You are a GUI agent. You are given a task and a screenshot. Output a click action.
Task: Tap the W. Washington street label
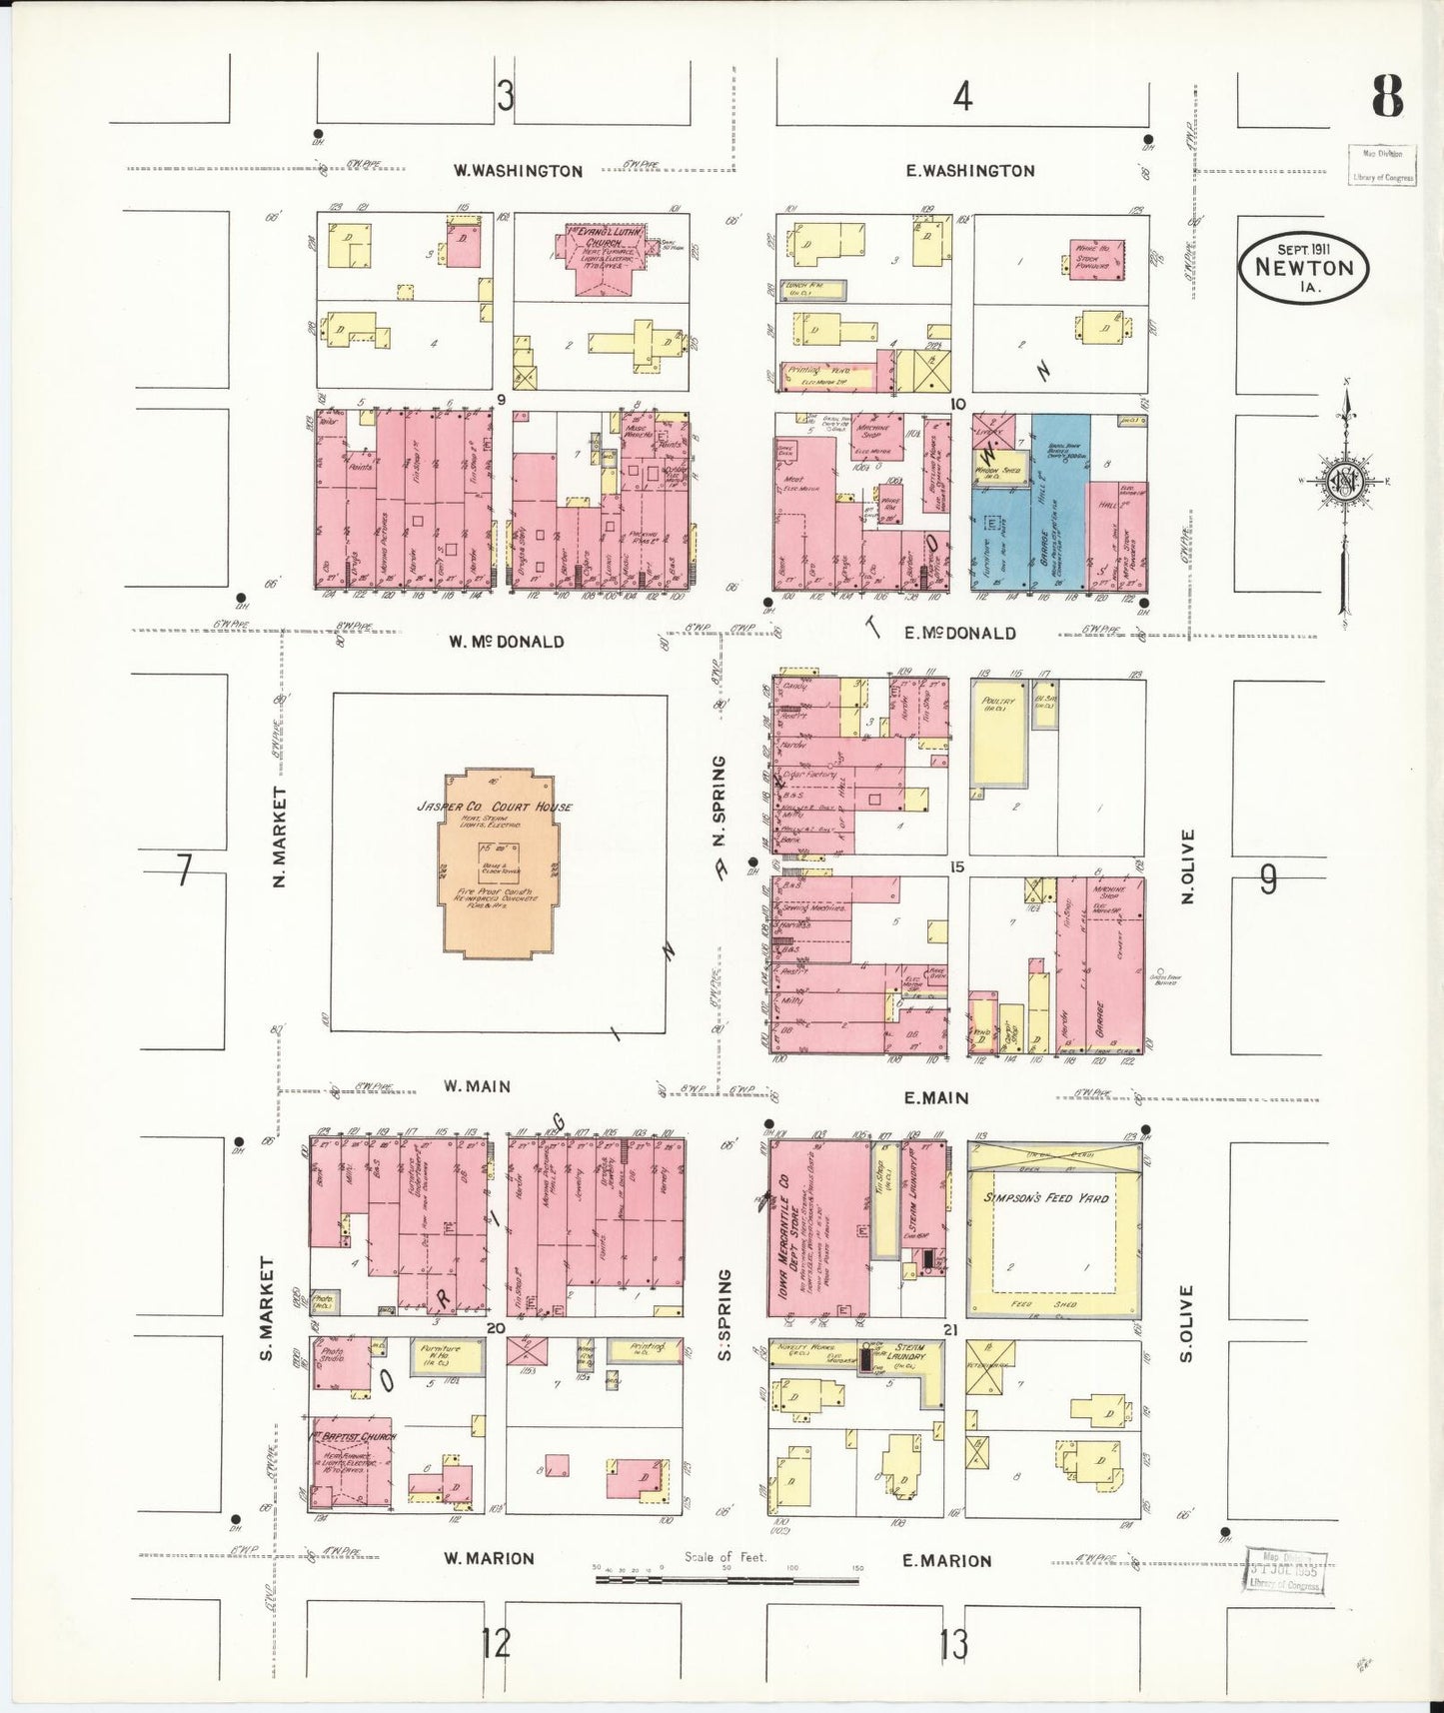[518, 171]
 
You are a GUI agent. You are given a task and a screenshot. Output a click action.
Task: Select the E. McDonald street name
[959, 633]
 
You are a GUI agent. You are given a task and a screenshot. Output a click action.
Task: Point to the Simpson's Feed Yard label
[1046, 1197]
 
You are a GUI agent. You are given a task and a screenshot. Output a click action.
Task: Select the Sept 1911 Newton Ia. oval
[1303, 268]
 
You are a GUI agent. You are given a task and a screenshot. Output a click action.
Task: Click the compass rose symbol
[1345, 482]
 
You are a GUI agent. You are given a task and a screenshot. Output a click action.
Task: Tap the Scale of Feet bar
[726, 1579]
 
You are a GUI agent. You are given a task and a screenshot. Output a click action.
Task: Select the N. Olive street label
[1187, 865]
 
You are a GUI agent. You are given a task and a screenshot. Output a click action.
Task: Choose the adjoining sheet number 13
[953, 1643]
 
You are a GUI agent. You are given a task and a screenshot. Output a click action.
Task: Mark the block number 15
[957, 866]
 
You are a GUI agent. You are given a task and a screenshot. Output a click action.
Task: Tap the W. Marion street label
[489, 1558]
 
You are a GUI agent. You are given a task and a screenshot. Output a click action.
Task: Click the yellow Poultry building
[998, 731]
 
